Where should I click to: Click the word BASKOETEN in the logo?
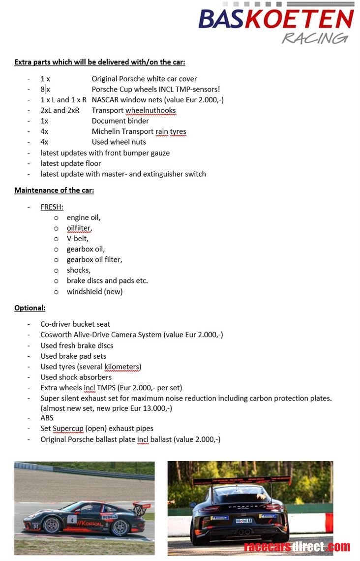pos(276,19)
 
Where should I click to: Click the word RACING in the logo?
pos(315,38)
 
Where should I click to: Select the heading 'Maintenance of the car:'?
pos(54,190)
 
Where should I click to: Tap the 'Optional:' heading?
pos(30,308)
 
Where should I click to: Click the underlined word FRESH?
pos(52,207)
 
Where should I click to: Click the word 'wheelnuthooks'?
pos(150,110)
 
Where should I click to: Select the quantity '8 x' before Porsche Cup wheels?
pos(45,89)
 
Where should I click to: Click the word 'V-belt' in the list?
pos(77,238)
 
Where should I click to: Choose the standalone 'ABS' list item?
pos(47,418)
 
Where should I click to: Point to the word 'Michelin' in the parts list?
pos(105,131)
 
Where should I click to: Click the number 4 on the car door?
pos(72,519)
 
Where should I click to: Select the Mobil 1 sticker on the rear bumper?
pos(244,521)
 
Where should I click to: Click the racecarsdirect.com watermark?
pos(297,547)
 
